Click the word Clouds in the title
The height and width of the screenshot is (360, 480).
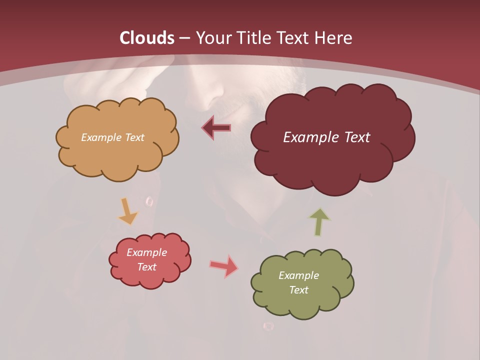click(x=147, y=37)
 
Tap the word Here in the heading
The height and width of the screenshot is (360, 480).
click(x=334, y=37)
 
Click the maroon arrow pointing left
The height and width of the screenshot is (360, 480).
click(x=216, y=128)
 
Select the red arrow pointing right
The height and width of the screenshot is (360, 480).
click(x=223, y=266)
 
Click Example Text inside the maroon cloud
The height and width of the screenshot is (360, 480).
click(x=326, y=137)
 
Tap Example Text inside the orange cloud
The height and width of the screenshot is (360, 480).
click(x=112, y=137)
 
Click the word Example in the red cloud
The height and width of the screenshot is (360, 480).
click(x=147, y=252)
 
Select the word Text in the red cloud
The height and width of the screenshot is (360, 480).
click(x=147, y=267)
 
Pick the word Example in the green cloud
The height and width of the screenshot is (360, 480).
click(x=298, y=275)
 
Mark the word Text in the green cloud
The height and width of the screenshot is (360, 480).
click(x=298, y=290)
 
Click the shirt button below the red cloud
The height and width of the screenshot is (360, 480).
click(x=268, y=326)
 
